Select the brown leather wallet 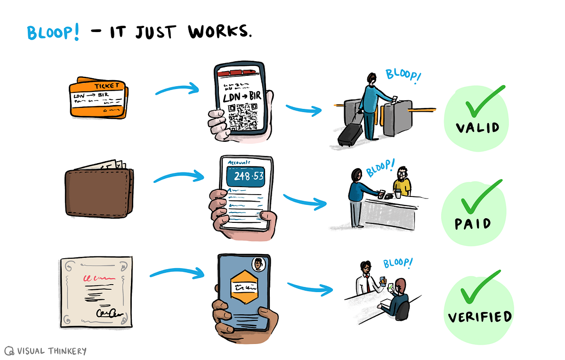(99, 190)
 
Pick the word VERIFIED (479, 316)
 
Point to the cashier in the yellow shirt (402, 181)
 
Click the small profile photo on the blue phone (258, 264)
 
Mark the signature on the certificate (109, 312)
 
